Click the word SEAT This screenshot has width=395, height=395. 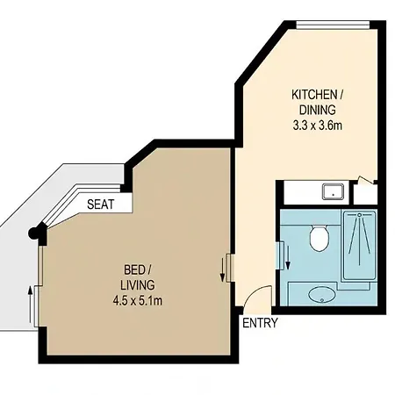[100, 205]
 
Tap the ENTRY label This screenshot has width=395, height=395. [260, 323]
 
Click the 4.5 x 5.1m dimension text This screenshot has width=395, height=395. [138, 300]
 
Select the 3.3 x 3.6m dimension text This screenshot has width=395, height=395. [318, 126]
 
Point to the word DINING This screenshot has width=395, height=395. [318, 110]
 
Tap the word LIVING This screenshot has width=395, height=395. [138, 285]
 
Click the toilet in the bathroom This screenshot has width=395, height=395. [319, 237]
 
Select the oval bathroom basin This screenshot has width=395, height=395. [322, 295]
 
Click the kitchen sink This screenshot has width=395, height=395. [333, 192]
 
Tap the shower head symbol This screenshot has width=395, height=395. [360, 214]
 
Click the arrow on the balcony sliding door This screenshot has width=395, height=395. [30, 305]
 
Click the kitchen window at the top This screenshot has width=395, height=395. [333, 25]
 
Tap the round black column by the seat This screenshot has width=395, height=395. [33, 233]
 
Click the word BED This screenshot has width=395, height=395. [134, 269]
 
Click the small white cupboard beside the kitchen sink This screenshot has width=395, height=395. [365, 194]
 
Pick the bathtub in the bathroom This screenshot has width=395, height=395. [360, 245]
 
